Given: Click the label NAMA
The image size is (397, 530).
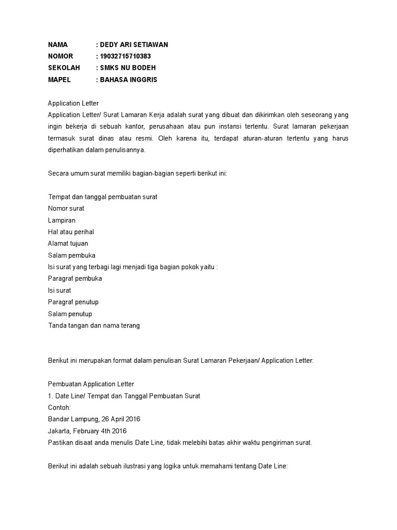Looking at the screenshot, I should point(58,45).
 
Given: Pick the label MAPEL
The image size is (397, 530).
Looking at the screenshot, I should point(59,80).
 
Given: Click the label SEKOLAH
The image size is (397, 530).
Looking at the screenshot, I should point(62,68).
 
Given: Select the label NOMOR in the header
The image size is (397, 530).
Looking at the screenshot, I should point(60,56).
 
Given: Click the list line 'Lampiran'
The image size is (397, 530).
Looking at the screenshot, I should point(62,220).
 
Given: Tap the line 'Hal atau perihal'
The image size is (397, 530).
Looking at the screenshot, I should point(71,232).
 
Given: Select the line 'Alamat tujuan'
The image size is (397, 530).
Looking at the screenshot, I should point(68,243).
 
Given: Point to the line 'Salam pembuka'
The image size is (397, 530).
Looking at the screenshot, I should point(71,255).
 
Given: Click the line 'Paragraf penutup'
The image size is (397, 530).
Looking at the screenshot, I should point(73,302).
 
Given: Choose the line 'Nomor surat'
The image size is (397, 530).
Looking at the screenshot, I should point(66,209).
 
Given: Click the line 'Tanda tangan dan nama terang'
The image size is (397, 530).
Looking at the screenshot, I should point(94,326).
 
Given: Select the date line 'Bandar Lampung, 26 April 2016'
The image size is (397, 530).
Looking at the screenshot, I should point(94,419).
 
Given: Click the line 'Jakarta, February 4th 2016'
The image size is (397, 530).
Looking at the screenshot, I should point(87,431).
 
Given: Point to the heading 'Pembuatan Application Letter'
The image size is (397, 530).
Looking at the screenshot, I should point(91,384).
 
